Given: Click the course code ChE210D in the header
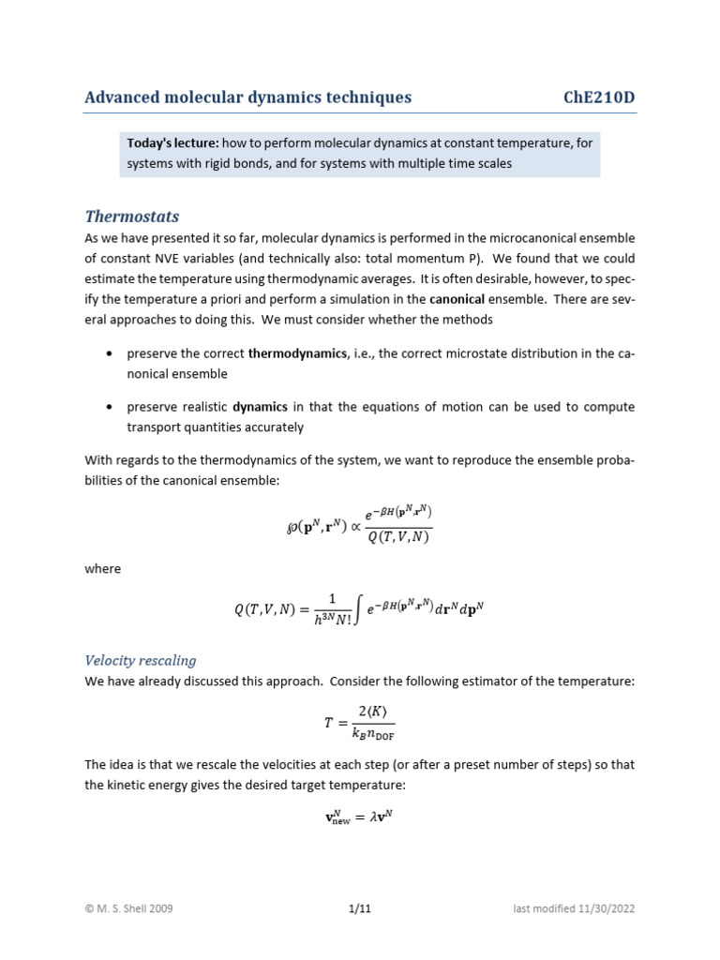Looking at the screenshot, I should click(x=599, y=97).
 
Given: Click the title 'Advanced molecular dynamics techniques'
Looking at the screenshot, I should click(x=247, y=97).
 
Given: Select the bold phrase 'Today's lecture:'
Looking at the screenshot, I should click(x=173, y=142).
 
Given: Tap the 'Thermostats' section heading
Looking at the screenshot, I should click(x=131, y=216).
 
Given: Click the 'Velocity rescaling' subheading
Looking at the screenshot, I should click(x=140, y=660).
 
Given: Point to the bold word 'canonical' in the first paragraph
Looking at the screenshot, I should click(x=457, y=299).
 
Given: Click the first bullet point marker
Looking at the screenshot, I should click(x=111, y=354).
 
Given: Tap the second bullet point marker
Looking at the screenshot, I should click(x=111, y=408).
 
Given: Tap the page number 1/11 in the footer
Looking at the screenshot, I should click(x=359, y=908).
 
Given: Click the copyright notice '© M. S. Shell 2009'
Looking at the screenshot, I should click(x=128, y=908).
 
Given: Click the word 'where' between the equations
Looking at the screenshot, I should click(x=103, y=569).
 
